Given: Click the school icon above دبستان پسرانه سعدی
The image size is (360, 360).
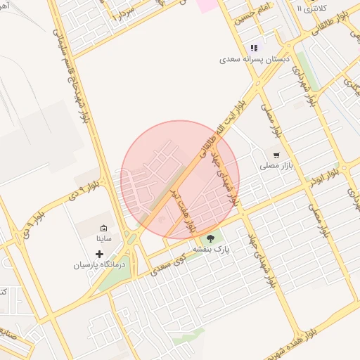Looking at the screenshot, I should pos(254,48).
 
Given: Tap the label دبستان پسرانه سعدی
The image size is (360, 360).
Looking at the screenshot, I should pos(254,60).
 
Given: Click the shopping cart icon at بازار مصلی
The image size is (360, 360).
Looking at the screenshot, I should pos(276,155).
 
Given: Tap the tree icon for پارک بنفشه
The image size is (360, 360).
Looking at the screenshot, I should pos(211,238).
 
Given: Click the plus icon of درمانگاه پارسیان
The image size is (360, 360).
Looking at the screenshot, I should pos(100,253).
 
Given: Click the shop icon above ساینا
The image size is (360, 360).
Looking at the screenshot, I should pos(104,228).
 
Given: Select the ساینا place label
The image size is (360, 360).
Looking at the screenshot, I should pos(104,239).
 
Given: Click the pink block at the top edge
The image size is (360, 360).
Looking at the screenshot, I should pos(207,4).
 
